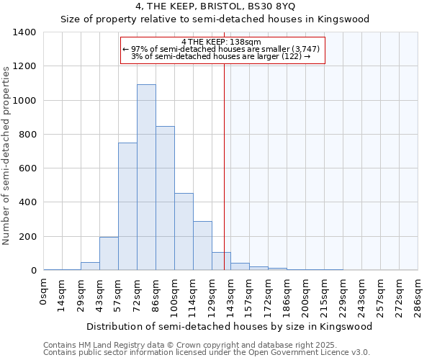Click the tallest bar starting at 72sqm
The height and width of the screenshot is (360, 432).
click(x=146, y=177)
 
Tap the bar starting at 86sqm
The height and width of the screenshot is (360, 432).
click(x=165, y=198)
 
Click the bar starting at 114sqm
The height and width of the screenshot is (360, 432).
click(x=202, y=246)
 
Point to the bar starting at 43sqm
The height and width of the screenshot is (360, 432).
click(x=109, y=253)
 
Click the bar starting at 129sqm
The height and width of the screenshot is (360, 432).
click(x=221, y=261)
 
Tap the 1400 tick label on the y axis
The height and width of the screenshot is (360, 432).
click(x=24, y=32)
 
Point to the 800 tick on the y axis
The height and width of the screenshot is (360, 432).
click(x=27, y=135)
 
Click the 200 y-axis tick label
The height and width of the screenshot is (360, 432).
click(x=27, y=237)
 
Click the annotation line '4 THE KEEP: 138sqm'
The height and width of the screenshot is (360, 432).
click(x=221, y=42)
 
